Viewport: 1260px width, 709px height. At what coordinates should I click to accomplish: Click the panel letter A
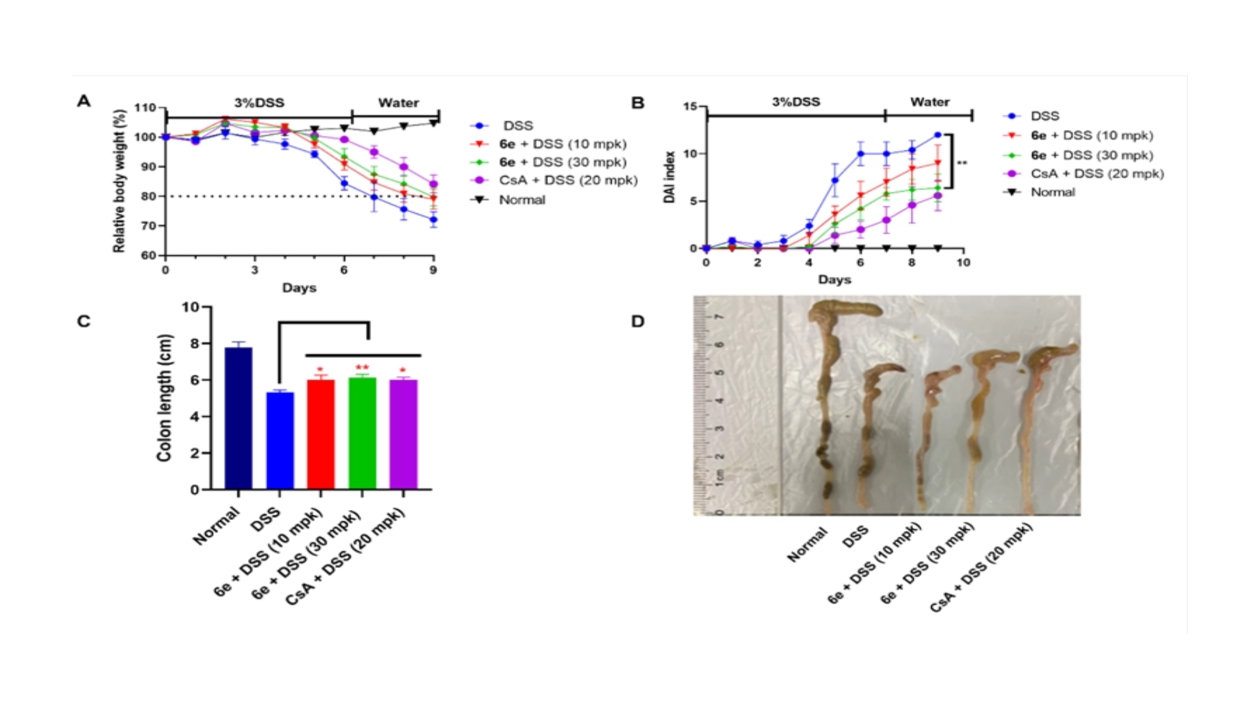83,101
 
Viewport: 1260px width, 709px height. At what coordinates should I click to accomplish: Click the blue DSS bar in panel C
280,440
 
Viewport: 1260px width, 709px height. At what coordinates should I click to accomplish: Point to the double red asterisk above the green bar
362,368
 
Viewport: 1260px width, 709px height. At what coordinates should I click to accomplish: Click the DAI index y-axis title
669,177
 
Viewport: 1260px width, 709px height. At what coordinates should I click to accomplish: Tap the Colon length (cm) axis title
164,398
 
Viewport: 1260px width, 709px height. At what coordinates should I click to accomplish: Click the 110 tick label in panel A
145,108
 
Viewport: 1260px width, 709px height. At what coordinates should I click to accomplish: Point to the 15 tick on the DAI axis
690,106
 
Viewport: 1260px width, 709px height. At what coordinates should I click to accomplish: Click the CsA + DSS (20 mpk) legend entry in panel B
1097,174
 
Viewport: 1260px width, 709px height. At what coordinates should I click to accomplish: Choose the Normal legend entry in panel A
522,200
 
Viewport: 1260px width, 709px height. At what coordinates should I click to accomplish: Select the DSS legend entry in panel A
518,125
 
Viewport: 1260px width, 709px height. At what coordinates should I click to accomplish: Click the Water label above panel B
929,102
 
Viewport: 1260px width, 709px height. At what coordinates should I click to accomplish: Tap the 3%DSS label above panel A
259,103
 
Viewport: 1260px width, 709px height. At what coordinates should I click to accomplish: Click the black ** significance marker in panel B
962,163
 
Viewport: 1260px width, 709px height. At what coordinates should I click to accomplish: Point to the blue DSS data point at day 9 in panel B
938,135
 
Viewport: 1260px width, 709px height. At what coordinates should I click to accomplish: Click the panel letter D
637,322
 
